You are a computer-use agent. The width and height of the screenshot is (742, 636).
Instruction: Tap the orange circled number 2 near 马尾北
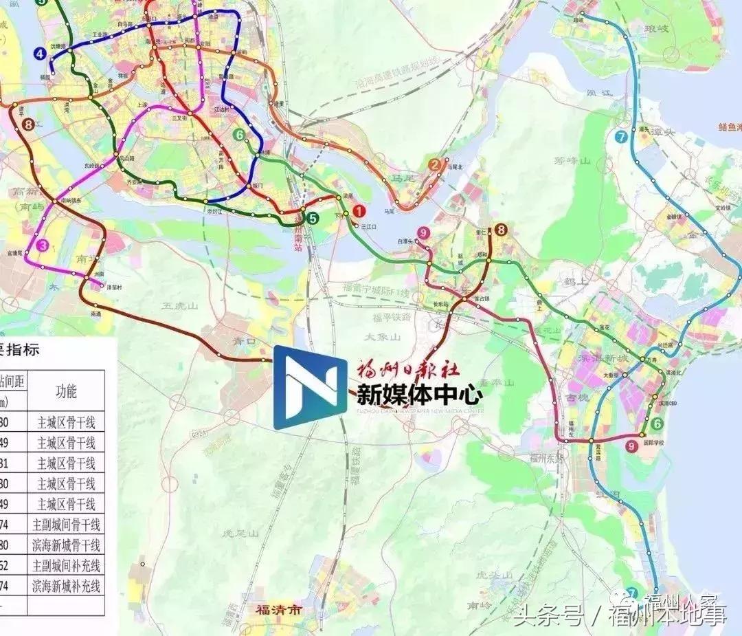434,164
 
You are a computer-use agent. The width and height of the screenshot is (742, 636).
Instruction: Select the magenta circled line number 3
43,245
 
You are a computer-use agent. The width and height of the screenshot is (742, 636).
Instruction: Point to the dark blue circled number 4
41,54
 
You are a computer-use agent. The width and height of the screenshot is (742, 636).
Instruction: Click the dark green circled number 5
313,219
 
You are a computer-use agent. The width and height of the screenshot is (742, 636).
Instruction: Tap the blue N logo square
310,387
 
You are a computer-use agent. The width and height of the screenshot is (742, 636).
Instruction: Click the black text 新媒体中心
419,395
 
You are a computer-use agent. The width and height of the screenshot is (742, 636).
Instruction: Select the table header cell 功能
66,391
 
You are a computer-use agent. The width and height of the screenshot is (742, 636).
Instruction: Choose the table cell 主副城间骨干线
66,525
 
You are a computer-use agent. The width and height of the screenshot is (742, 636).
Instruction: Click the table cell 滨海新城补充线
66,586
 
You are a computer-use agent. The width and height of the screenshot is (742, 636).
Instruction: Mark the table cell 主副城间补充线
66,566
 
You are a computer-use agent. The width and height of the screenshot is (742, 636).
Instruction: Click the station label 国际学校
657,443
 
